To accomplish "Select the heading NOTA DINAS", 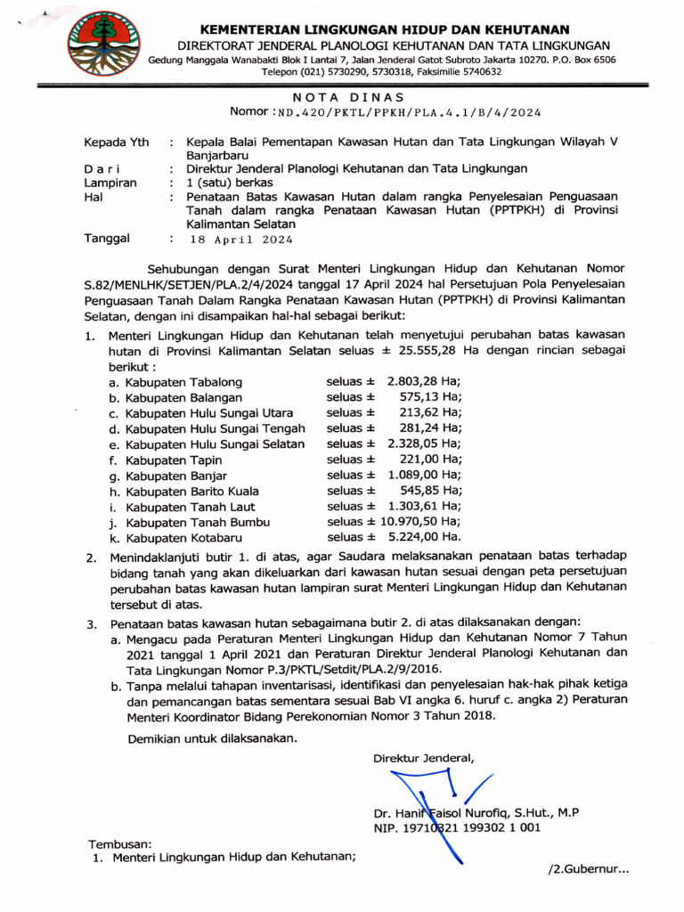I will coord(348,97).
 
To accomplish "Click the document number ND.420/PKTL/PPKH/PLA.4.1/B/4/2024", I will coord(409,113).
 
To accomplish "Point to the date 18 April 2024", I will coord(240,240).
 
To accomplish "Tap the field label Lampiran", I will coord(110,182).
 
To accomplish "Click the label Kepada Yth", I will coord(117,142).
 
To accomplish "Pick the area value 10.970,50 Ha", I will coord(421,522).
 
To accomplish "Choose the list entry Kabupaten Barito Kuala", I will coord(192,491).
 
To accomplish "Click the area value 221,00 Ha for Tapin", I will coord(431,460).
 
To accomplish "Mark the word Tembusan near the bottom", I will coord(119,843).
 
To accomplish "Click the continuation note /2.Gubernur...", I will coord(589,869).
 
